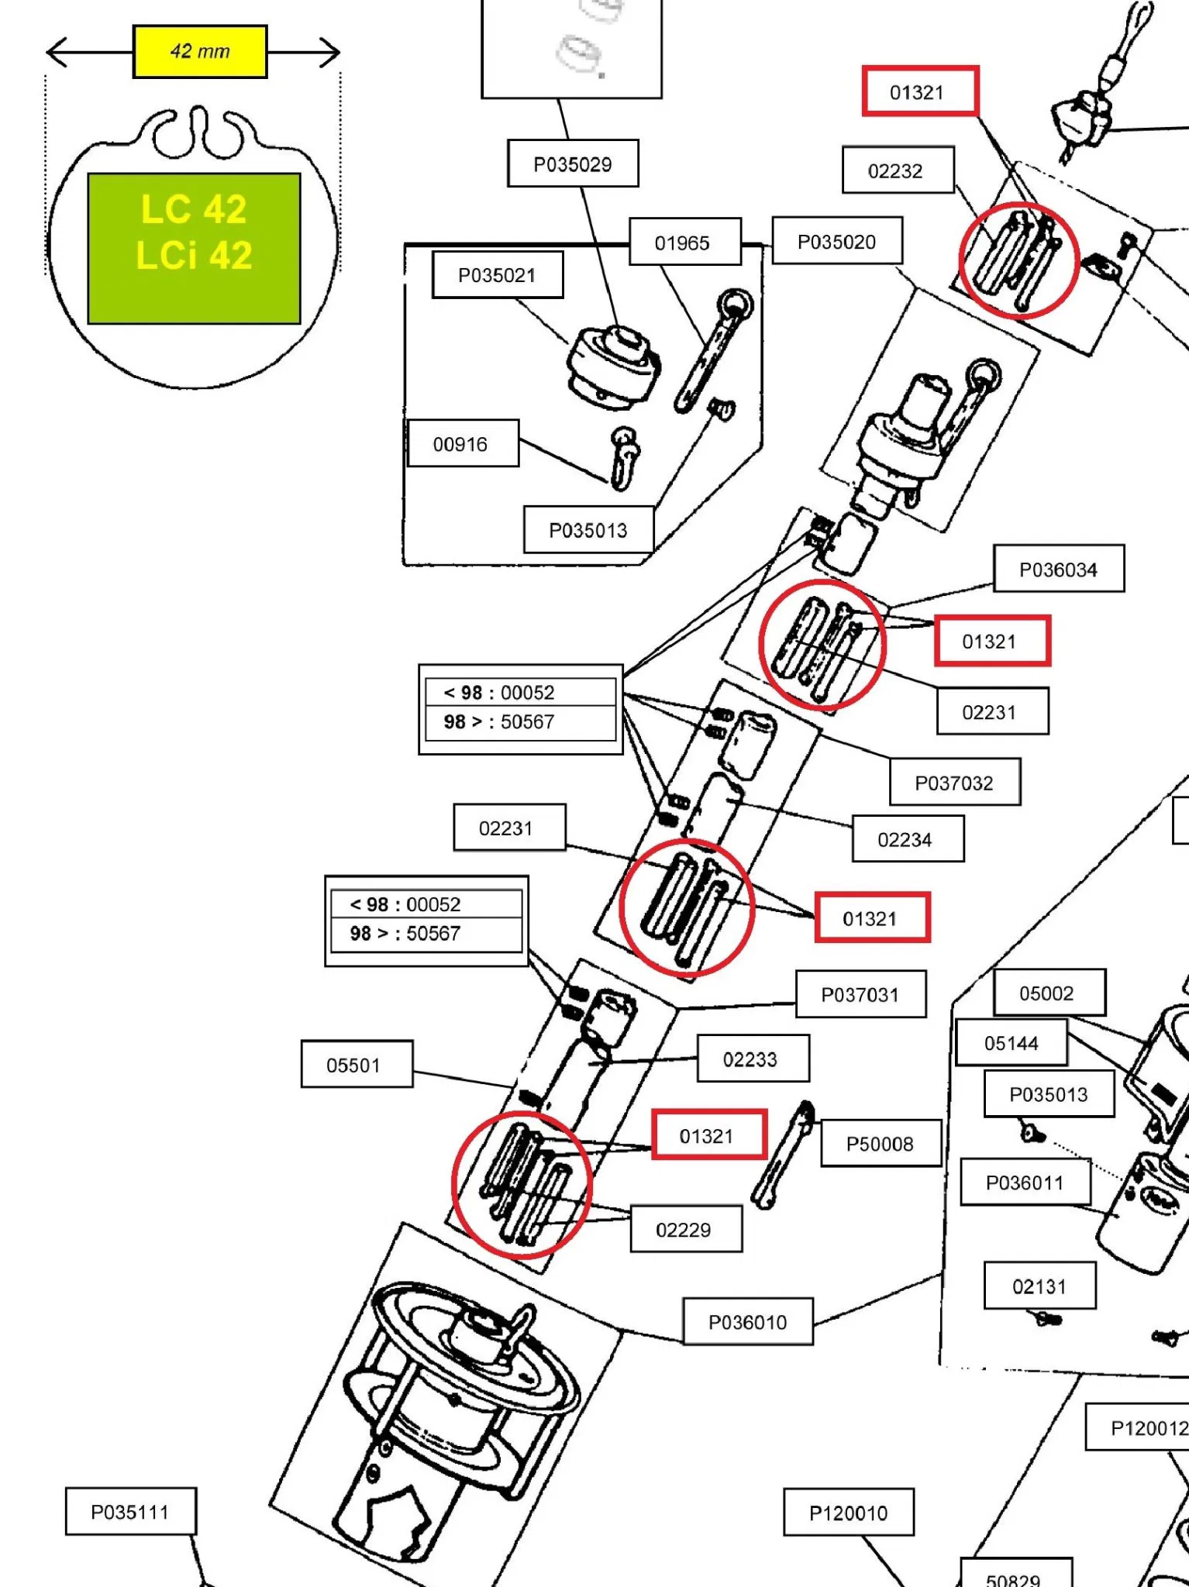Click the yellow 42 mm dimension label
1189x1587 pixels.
[x=200, y=52]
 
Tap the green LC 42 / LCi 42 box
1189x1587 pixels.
[x=194, y=248]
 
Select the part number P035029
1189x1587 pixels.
[x=573, y=164]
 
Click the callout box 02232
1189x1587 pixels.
[x=898, y=170]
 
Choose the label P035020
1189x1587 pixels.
[x=837, y=241]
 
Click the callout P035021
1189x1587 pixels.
[x=498, y=274]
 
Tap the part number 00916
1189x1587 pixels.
[x=463, y=443]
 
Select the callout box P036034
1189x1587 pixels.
[x=1059, y=569]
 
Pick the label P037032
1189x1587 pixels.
[x=955, y=782]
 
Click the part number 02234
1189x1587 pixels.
[x=908, y=838]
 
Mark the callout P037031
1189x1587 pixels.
[x=861, y=993]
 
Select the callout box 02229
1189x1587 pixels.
[x=686, y=1228]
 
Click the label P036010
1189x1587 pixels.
[x=748, y=1321]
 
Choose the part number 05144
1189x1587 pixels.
[x=1012, y=1042]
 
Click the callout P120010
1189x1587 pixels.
[x=849, y=1512]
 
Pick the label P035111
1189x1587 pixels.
[x=130, y=1511]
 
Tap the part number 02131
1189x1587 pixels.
[x=1040, y=1286]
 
